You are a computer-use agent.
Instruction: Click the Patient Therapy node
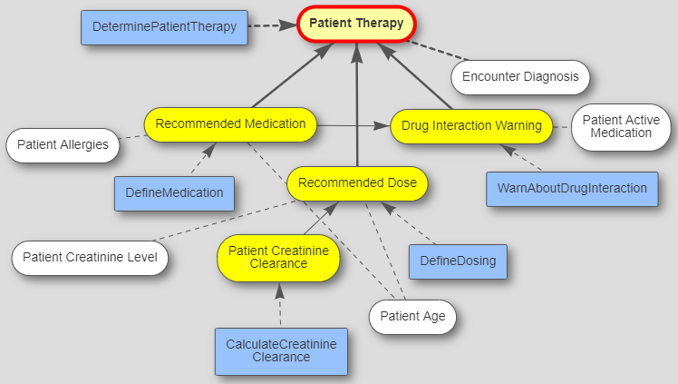(356, 24)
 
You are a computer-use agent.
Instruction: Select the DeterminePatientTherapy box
(164, 27)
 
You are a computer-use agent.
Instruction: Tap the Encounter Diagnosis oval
(520, 77)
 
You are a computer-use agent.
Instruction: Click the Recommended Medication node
(230, 124)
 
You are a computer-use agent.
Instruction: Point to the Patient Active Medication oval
(621, 126)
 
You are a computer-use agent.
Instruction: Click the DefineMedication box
(174, 192)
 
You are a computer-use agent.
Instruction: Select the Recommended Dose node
(357, 183)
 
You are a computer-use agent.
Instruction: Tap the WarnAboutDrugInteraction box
(571, 189)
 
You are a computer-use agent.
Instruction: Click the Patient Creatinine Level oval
(90, 258)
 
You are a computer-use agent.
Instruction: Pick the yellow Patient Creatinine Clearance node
(278, 257)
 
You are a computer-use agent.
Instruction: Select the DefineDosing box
(458, 261)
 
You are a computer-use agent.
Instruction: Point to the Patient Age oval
(412, 318)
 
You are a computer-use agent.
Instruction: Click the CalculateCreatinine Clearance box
(280, 350)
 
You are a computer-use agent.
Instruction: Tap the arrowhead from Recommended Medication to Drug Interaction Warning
(384, 125)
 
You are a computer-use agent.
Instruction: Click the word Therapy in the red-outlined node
(380, 24)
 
